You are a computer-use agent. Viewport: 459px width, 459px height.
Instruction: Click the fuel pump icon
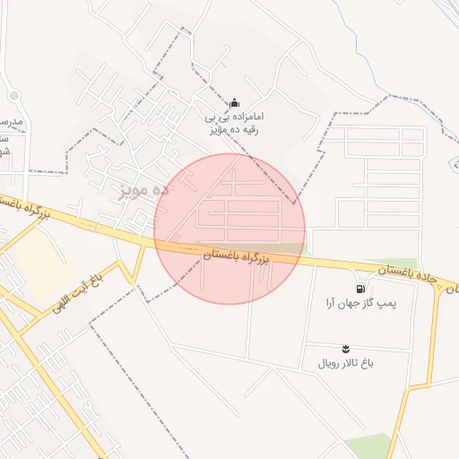click(360, 290)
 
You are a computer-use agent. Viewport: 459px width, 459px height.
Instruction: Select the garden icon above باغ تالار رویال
click(346, 348)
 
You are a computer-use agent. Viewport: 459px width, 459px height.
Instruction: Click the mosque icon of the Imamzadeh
click(234, 103)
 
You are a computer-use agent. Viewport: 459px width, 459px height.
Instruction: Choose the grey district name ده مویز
click(143, 191)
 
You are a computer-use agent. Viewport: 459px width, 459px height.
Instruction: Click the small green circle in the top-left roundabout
click(13, 96)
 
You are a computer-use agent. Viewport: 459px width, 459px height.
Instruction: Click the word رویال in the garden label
click(330, 364)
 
